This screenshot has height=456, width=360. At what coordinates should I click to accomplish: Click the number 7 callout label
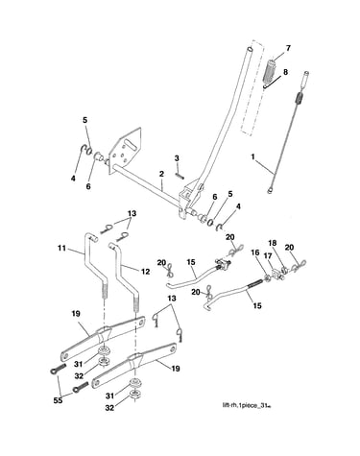[x=288, y=48]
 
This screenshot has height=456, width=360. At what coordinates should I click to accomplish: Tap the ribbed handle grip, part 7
[x=270, y=70]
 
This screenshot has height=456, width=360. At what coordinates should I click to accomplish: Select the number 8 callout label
[x=285, y=72]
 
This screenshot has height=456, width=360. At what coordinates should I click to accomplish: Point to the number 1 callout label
[x=253, y=156]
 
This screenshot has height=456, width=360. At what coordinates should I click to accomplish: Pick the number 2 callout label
[x=161, y=174]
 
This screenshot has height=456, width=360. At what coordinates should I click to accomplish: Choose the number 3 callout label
[x=177, y=158]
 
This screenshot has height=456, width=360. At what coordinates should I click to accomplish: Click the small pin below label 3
[x=180, y=176]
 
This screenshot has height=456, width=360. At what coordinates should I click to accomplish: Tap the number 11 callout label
[x=61, y=248]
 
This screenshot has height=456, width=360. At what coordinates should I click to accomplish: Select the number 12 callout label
[x=146, y=272]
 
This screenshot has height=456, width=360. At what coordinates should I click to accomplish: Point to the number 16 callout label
[x=254, y=252]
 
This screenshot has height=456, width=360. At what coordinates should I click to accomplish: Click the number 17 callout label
[x=267, y=256]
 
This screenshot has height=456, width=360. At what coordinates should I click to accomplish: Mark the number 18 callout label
[x=272, y=243]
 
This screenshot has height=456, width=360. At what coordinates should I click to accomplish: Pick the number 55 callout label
[x=59, y=400]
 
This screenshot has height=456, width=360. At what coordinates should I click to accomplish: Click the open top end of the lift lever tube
[x=251, y=50]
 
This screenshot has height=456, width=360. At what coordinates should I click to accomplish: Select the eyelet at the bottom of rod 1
[x=271, y=191]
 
